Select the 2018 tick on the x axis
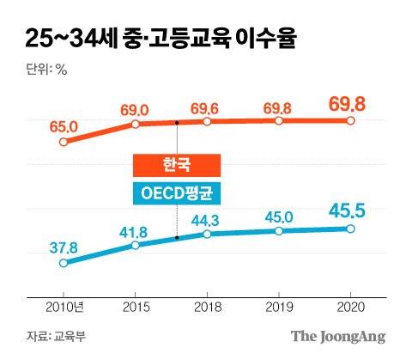207,307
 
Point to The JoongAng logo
336,336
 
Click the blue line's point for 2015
135,246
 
